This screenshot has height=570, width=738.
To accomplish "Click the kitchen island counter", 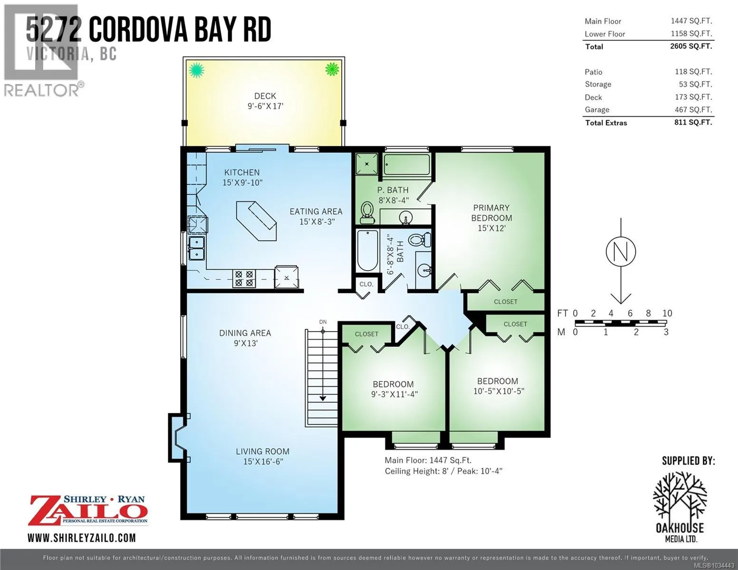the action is [257, 221].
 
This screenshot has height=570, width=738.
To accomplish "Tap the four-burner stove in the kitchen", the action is [244, 278].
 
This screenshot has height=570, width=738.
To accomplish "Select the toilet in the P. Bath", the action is [367, 213].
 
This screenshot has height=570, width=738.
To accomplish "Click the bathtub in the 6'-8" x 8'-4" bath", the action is [367, 250].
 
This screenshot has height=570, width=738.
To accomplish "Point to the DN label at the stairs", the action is [323, 322].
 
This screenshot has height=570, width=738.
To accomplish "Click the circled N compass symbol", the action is [621, 252].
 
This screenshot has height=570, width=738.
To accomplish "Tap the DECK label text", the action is [265, 96].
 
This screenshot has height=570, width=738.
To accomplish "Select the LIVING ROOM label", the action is [263, 452].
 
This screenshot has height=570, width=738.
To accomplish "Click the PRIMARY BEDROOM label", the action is [491, 213].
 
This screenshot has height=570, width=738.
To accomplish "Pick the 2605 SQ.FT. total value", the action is [691, 46].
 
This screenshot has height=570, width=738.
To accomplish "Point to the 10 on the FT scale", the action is [667, 313].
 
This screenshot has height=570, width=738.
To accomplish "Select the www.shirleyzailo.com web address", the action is [82, 538].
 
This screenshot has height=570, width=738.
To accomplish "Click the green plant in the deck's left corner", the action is [196, 70].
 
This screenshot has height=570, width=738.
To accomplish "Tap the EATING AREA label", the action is [316, 211].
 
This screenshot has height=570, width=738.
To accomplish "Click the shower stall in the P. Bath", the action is [367, 164].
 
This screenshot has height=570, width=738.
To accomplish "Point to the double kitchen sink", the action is [197, 248].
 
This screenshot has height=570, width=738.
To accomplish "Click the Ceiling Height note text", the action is [443, 471].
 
